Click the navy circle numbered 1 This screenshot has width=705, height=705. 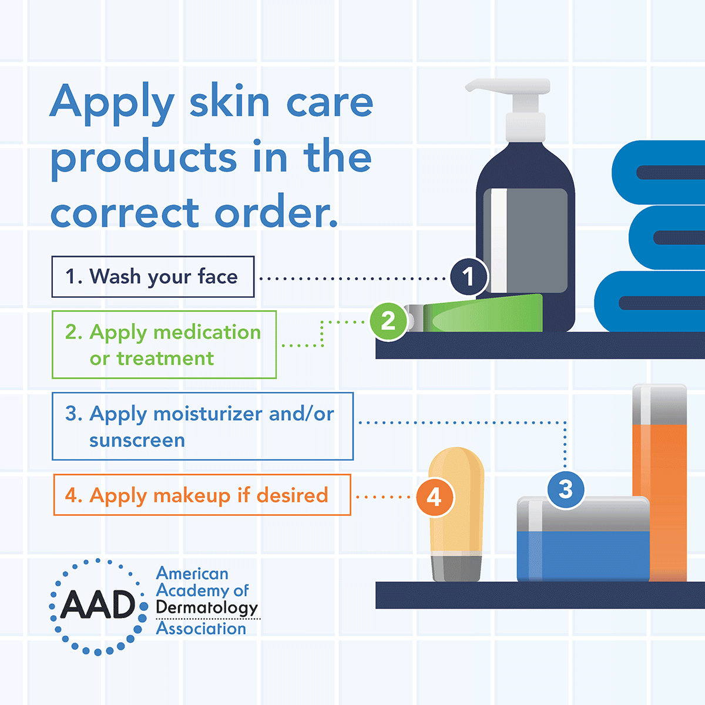[468, 276]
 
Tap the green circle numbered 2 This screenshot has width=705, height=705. [388, 321]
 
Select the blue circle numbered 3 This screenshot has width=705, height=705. [565, 489]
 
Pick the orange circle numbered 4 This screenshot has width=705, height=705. [435, 498]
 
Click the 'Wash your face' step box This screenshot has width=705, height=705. [153, 277]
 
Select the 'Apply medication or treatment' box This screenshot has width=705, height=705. [164, 345]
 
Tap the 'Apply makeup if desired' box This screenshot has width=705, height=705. [202, 495]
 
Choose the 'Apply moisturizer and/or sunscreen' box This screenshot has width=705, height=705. [203, 427]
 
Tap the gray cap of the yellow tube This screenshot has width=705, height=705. [456, 567]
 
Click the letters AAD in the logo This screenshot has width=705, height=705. [98, 605]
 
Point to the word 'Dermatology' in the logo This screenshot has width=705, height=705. [207, 608]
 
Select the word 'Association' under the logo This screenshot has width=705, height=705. [201, 629]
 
